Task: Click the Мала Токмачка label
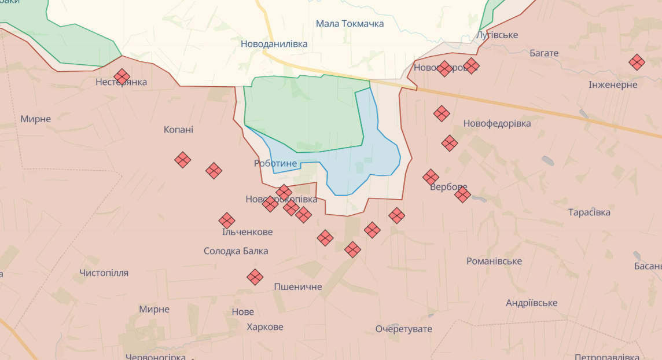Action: [x=350, y=24]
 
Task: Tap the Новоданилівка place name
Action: [x=274, y=44]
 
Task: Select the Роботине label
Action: [x=275, y=164]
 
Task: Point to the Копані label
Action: [x=178, y=130]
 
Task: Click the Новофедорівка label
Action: [x=497, y=123]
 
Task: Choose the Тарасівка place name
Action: [x=589, y=212]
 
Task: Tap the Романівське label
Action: [x=494, y=261]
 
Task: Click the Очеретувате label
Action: [x=404, y=329]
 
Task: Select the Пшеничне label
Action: [x=298, y=286]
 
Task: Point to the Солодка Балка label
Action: [x=236, y=251]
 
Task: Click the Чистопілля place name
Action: [x=104, y=273]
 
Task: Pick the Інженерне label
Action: [x=613, y=85]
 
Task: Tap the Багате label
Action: [x=544, y=53]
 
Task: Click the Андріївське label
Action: [x=532, y=303]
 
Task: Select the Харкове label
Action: [x=265, y=326]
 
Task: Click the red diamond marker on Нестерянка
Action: [x=122, y=76]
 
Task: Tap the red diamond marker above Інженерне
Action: [x=637, y=62]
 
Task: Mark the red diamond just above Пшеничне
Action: [x=255, y=277]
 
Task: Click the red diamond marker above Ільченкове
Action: [x=227, y=221]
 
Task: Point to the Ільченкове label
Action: [x=247, y=232]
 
